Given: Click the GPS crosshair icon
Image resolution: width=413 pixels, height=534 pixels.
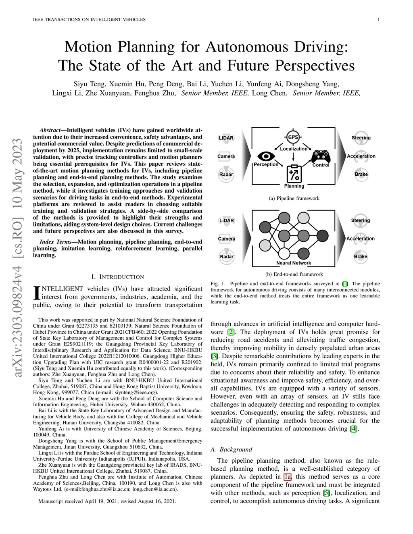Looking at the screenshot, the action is (293, 137).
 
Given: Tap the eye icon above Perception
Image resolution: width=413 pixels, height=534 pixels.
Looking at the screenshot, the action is (266, 156).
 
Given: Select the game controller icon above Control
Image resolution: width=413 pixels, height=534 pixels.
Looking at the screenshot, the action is (321, 156).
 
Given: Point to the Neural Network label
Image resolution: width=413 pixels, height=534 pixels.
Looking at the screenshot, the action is (294, 263).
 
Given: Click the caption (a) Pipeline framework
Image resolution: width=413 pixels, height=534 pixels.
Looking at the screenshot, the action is (294, 198).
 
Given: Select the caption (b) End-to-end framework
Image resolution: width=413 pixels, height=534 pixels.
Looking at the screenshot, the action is (294, 274).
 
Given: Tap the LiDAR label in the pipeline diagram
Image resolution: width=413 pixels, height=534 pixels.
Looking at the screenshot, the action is (226, 138).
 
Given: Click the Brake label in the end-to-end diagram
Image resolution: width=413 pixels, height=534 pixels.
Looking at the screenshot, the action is (361, 256).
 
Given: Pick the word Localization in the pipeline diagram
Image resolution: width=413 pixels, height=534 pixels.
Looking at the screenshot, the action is (294, 149).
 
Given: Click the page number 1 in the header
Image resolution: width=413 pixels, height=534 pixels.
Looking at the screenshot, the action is (379, 19).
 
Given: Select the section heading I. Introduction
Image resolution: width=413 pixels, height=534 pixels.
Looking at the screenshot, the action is (117, 277).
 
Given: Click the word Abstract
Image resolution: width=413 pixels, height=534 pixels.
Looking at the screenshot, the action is (50, 130).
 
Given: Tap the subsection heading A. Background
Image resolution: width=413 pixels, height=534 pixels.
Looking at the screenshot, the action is (231, 449).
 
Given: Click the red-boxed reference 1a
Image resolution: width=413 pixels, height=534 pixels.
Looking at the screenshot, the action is (288, 477).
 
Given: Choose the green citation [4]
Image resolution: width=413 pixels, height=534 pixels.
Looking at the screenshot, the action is (353, 429).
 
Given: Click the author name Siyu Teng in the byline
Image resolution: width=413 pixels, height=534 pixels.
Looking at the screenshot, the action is (90, 84).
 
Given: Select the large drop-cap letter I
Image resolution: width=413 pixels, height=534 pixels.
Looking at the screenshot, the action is (37, 293).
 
